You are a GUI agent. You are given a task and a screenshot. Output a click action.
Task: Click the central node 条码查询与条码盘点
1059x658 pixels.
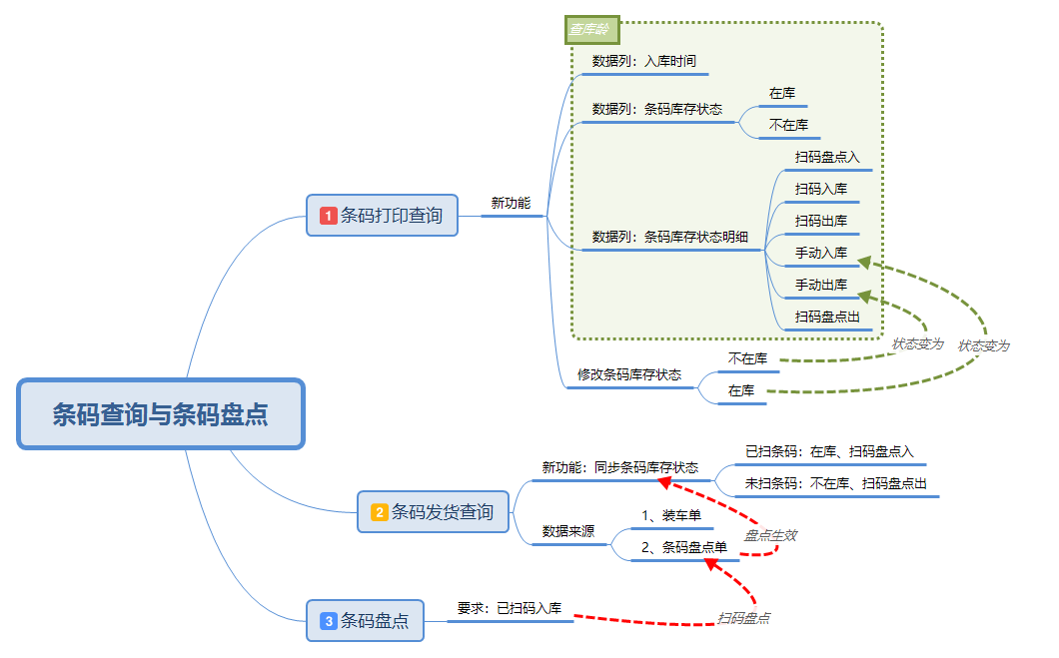click(160, 413)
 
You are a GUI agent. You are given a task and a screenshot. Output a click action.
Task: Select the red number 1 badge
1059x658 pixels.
click(328, 215)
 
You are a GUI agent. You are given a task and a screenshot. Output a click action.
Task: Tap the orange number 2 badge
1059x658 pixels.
click(380, 512)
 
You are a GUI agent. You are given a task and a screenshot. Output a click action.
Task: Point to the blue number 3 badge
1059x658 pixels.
click(328, 621)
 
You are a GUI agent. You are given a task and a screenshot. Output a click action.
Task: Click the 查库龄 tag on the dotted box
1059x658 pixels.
click(592, 30)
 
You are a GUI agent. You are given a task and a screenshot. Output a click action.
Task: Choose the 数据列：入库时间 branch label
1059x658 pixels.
click(644, 61)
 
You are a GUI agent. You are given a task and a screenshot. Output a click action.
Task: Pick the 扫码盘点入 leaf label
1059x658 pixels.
click(827, 157)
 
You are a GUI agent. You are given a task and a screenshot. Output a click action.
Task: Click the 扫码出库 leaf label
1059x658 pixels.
click(821, 221)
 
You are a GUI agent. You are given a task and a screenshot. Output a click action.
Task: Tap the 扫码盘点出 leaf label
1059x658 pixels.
click(827, 317)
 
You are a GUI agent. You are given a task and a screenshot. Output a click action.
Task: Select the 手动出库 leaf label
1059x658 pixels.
click(821, 285)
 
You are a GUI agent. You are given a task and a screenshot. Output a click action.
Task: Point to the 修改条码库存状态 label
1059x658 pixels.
click(629, 374)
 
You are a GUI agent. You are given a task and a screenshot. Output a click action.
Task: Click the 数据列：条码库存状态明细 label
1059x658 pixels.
click(669, 237)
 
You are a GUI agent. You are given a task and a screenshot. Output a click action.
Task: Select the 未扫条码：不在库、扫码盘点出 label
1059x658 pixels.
click(836, 483)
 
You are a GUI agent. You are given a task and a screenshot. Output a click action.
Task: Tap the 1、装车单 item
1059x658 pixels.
click(671, 515)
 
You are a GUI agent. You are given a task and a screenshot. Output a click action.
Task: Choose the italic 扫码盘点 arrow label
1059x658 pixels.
click(743, 618)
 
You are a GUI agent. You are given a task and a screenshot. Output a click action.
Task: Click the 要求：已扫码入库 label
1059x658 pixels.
click(510, 607)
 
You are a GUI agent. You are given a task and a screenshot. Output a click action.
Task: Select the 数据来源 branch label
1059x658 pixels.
click(567, 531)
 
